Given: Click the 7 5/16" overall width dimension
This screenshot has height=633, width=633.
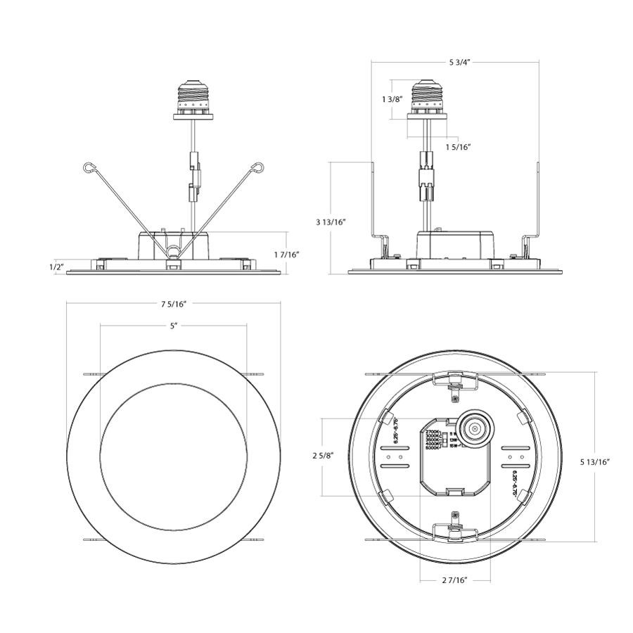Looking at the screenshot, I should coord(174,304).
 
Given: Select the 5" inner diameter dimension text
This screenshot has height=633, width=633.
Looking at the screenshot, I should coord(174,326).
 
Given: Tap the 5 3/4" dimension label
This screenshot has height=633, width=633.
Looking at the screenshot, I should coord(459,62).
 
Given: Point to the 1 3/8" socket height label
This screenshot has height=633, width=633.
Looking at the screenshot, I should coord(392,99).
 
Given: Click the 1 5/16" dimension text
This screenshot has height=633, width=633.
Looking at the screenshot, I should coord(458,147).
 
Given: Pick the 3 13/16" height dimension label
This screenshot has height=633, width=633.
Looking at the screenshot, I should coord(331,222).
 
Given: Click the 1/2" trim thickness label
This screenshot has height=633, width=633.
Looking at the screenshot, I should coord(57,267).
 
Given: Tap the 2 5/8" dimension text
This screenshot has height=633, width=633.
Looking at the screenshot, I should coord(324,456).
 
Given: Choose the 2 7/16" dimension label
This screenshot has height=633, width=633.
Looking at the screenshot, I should coord(455,580).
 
